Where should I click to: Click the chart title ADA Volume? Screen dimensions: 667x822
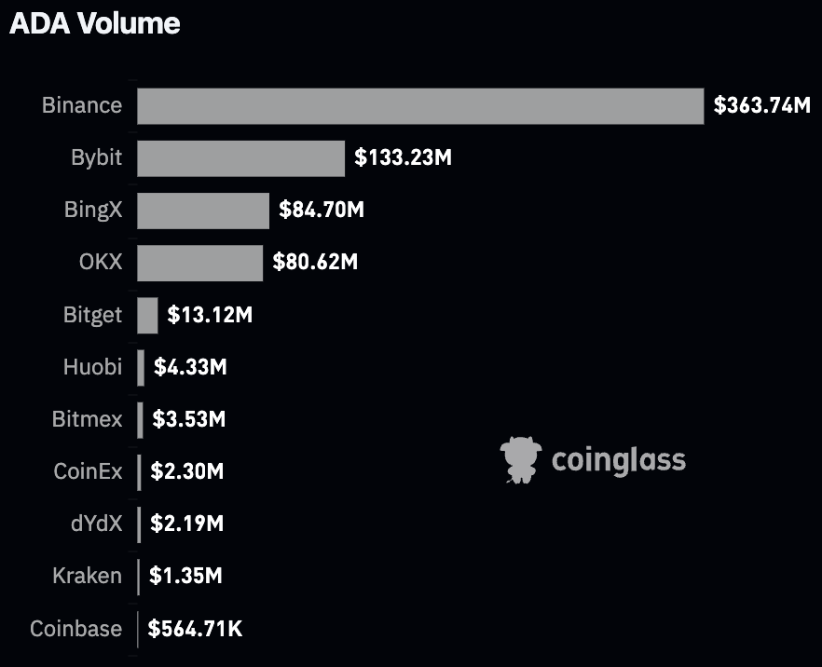pyautogui.click(x=95, y=23)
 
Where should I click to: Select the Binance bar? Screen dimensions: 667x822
pyautogui.click(x=419, y=105)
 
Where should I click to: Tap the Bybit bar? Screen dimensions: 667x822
pyautogui.click(x=240, y=157)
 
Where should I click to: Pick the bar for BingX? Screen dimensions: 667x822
pyautogui.click(x=203, y=210)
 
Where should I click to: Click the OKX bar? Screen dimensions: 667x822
pyautogui.click(x=199, y=262)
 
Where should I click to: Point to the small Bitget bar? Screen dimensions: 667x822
pyautogui.click(x=147, y=315)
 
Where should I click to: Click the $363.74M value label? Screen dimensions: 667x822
pyautogui.click(x=762, y=105)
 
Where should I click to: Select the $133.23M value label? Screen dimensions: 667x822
pyautogui.click(x=404, y=157)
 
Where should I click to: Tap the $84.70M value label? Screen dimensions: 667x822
pyautogui.click(x=322, y=210)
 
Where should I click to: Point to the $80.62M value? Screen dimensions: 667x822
pyautogui.click(x=315, y=262)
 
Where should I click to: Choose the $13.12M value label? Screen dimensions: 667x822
pyautogui.click(x=210, y=315)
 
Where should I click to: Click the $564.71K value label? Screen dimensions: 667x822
pyautogui.click(x=196, y=629)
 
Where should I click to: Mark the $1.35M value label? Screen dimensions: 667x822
pyautogui.click(x=185, y=576)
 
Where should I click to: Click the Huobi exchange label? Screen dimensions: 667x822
pyautogui.click(x=92, y=367)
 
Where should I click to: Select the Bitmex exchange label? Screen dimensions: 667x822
pyautogui.click(x=87, y=419)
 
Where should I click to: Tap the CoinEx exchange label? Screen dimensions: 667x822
pyautogui.click(x=88, y=471)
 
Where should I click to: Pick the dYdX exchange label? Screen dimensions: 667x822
pyautogui.click(x=96, y=524)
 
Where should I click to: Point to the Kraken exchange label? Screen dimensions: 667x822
pyautogui.click(x=87, y=576)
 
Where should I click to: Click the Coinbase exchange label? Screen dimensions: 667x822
pyautogui.click(x=75, y=629)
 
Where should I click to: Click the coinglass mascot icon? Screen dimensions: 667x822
pyautogui.click(x=521, y=459)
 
